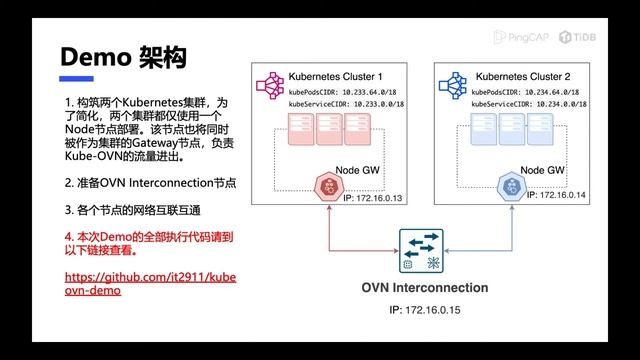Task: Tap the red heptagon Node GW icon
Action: pyautogui.click(x=325, y=185)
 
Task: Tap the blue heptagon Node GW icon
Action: pyautogui.click(x=509, y=185)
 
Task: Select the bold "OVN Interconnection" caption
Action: pyautogui.click(x=424, y=288)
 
